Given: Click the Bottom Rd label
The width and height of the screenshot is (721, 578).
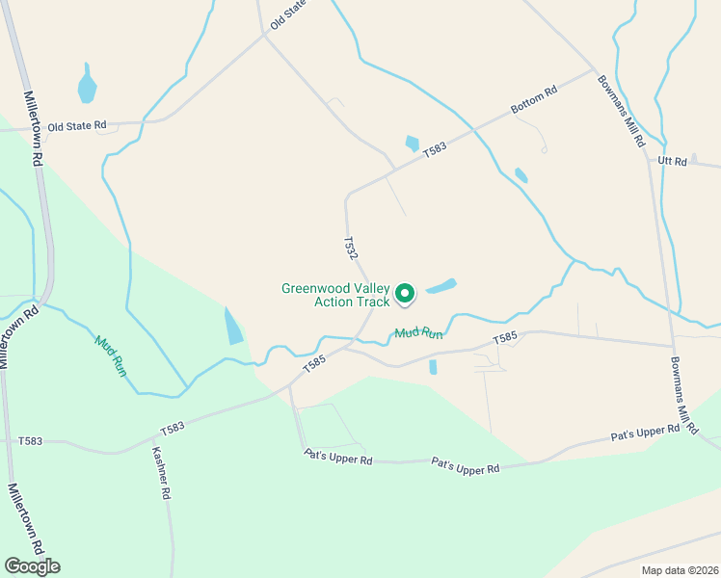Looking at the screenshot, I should point(535,104).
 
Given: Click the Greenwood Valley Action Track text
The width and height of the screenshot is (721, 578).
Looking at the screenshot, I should point(335,295).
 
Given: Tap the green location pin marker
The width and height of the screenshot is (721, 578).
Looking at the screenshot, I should point(406,293).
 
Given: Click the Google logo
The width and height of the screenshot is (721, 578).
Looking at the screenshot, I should point(32,566).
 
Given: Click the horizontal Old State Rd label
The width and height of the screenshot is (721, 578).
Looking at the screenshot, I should point(76,126).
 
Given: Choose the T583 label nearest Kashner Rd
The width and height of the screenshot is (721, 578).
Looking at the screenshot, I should point(173,428).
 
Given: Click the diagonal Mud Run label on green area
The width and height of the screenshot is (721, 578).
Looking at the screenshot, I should point(110,354).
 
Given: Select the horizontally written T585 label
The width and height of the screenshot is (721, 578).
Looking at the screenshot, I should point(505,338).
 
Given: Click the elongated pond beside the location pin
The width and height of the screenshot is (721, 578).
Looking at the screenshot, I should point(441,286).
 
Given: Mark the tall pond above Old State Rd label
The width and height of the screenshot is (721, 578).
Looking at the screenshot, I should point(87,85).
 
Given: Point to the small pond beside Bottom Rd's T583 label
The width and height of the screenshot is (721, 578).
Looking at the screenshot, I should point(413,144).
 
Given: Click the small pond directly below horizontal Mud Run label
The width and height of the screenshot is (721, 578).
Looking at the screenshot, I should point(433,367).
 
